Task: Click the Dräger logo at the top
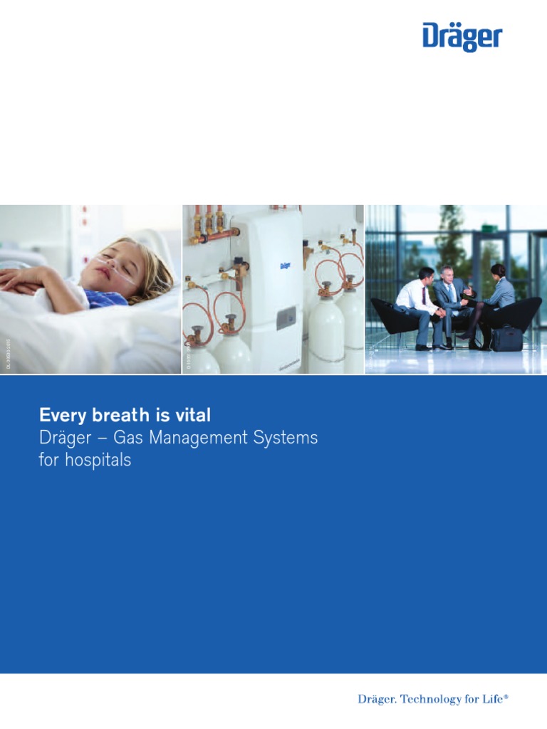[x=462, y=36]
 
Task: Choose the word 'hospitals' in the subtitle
[x=98, y=461]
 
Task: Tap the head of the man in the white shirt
[x=426, y=275]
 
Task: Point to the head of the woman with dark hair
[x=498, y=271]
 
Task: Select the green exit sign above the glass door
[x=487, y=229]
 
